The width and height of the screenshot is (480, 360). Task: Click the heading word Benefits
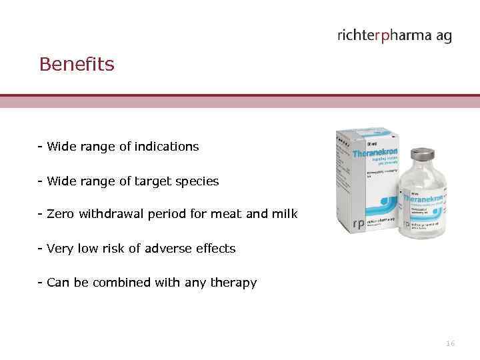point(77,65)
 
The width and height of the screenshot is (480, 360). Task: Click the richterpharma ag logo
point(394,36)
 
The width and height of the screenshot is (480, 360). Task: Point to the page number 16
point(450,343)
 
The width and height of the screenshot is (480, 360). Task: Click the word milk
point(285,214)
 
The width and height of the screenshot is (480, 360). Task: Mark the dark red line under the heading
point(240,95)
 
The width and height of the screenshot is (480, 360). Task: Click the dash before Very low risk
point(41,249)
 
